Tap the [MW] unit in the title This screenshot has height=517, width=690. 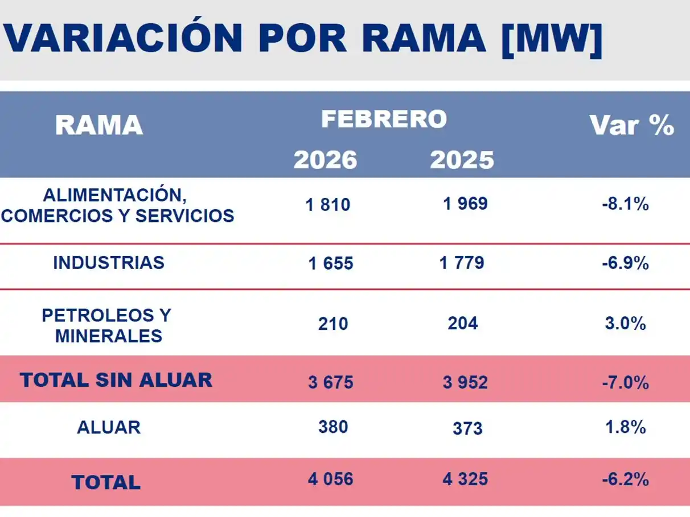pos(551,38)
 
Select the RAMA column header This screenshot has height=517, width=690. pos(98,125)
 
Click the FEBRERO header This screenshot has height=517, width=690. pos(384,119)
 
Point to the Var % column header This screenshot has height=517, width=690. pos(631,125)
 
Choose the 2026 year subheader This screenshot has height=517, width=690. pos(325,160)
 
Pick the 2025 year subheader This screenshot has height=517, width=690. pos(462,160)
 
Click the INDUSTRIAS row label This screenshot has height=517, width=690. pos(108,263)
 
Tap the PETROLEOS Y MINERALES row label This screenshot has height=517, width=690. pos(107,325)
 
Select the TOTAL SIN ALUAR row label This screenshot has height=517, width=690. pos(116,380)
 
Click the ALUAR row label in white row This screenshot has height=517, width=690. pos(108,428)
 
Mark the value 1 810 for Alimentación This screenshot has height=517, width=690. pos(328,205)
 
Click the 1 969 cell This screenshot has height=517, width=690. pos(465,204)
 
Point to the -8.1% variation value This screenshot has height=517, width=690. pos(625,205)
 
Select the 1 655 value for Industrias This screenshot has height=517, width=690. pos(331,263)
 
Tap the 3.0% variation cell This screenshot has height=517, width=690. pos(625,324)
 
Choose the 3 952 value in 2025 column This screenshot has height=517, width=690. pos(465,382)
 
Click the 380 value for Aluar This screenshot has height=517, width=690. pos(333,427)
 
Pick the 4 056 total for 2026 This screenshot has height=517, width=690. pos(330,479)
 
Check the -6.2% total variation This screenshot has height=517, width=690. pos(625,480)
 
